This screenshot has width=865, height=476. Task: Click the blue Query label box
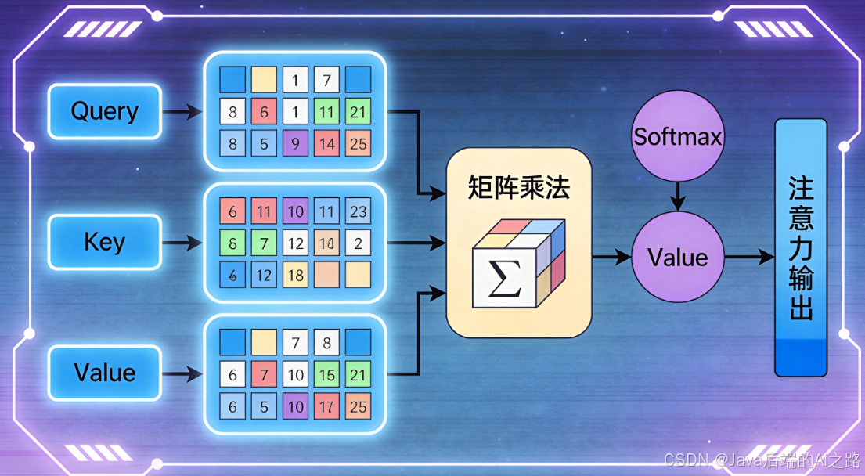(104, 111)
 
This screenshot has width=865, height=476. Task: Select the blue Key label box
(104, 242)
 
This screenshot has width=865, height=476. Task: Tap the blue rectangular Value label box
(104, 373)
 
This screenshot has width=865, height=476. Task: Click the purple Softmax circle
(677, 137)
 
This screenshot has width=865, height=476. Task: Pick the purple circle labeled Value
(677, 257)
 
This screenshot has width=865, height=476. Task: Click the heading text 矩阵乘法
(518, 188)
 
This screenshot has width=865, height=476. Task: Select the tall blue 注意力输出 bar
(800, 247)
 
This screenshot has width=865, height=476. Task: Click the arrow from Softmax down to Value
(677, 194)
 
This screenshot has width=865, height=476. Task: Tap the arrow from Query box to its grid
(182, 112)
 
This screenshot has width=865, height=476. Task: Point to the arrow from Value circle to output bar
(748, 257)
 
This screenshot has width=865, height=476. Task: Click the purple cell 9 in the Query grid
(295, 143)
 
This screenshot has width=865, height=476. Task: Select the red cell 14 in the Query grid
(326, 143)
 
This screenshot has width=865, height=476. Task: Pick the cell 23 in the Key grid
(358, 211)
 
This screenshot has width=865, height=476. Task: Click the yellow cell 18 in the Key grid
(295, 275)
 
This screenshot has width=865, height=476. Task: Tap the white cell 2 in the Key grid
(358, 243)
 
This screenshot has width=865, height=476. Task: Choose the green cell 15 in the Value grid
(326, 375)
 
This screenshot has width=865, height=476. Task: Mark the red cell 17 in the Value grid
(326, 406)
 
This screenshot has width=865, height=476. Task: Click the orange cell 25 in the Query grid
(358, 143)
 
